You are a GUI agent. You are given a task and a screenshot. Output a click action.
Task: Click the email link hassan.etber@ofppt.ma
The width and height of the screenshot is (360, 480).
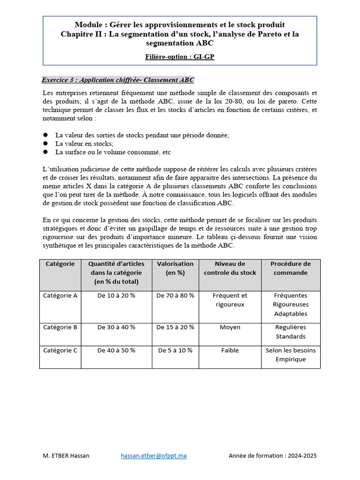tap(154, 456)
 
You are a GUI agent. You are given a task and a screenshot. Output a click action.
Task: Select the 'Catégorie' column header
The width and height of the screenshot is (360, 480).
tap(60, 264)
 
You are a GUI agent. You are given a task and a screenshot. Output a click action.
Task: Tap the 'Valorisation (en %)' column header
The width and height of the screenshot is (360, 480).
tap(175, 268)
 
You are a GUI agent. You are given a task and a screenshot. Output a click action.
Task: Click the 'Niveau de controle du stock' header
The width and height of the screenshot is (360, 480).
tap(230, 268)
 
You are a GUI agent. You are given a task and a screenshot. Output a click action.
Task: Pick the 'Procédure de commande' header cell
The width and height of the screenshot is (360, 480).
tap(291, 268)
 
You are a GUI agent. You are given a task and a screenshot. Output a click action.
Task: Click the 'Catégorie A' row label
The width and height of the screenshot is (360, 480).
tap(60, 296)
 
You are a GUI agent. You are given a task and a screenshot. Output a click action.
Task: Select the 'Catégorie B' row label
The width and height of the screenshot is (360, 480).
tap(60, 327)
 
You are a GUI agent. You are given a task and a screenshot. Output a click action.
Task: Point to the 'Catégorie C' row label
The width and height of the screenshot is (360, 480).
tap(60, 350)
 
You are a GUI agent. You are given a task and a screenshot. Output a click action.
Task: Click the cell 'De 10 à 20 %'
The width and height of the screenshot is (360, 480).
tap(116, 296)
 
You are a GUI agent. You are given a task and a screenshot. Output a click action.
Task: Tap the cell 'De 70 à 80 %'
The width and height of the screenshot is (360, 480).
tap(175, 296)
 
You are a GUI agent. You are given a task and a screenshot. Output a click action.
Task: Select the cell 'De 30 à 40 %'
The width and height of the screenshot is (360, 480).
tap(116, 327)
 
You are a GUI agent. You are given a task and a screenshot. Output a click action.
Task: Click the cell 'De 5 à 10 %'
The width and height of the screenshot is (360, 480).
tap(175, 350)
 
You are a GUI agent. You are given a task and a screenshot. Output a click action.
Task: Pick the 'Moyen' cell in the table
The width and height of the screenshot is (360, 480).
tap(230, 327)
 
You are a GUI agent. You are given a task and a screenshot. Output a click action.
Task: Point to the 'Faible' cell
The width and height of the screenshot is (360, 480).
tap(230, 350)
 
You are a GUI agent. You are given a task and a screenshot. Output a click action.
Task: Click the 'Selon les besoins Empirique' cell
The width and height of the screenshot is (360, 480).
tap(291, 355)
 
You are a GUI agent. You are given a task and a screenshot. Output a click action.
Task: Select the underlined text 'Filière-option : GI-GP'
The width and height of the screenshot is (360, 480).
tap(180, 57)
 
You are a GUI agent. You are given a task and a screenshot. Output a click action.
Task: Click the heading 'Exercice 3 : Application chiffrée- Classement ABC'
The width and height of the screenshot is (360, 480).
tap(118, 80)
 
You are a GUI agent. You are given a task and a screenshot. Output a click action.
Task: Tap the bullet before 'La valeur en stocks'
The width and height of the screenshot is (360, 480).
tap(45, 143)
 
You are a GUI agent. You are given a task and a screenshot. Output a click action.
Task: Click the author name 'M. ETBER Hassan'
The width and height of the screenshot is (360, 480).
tap(66, 456)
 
